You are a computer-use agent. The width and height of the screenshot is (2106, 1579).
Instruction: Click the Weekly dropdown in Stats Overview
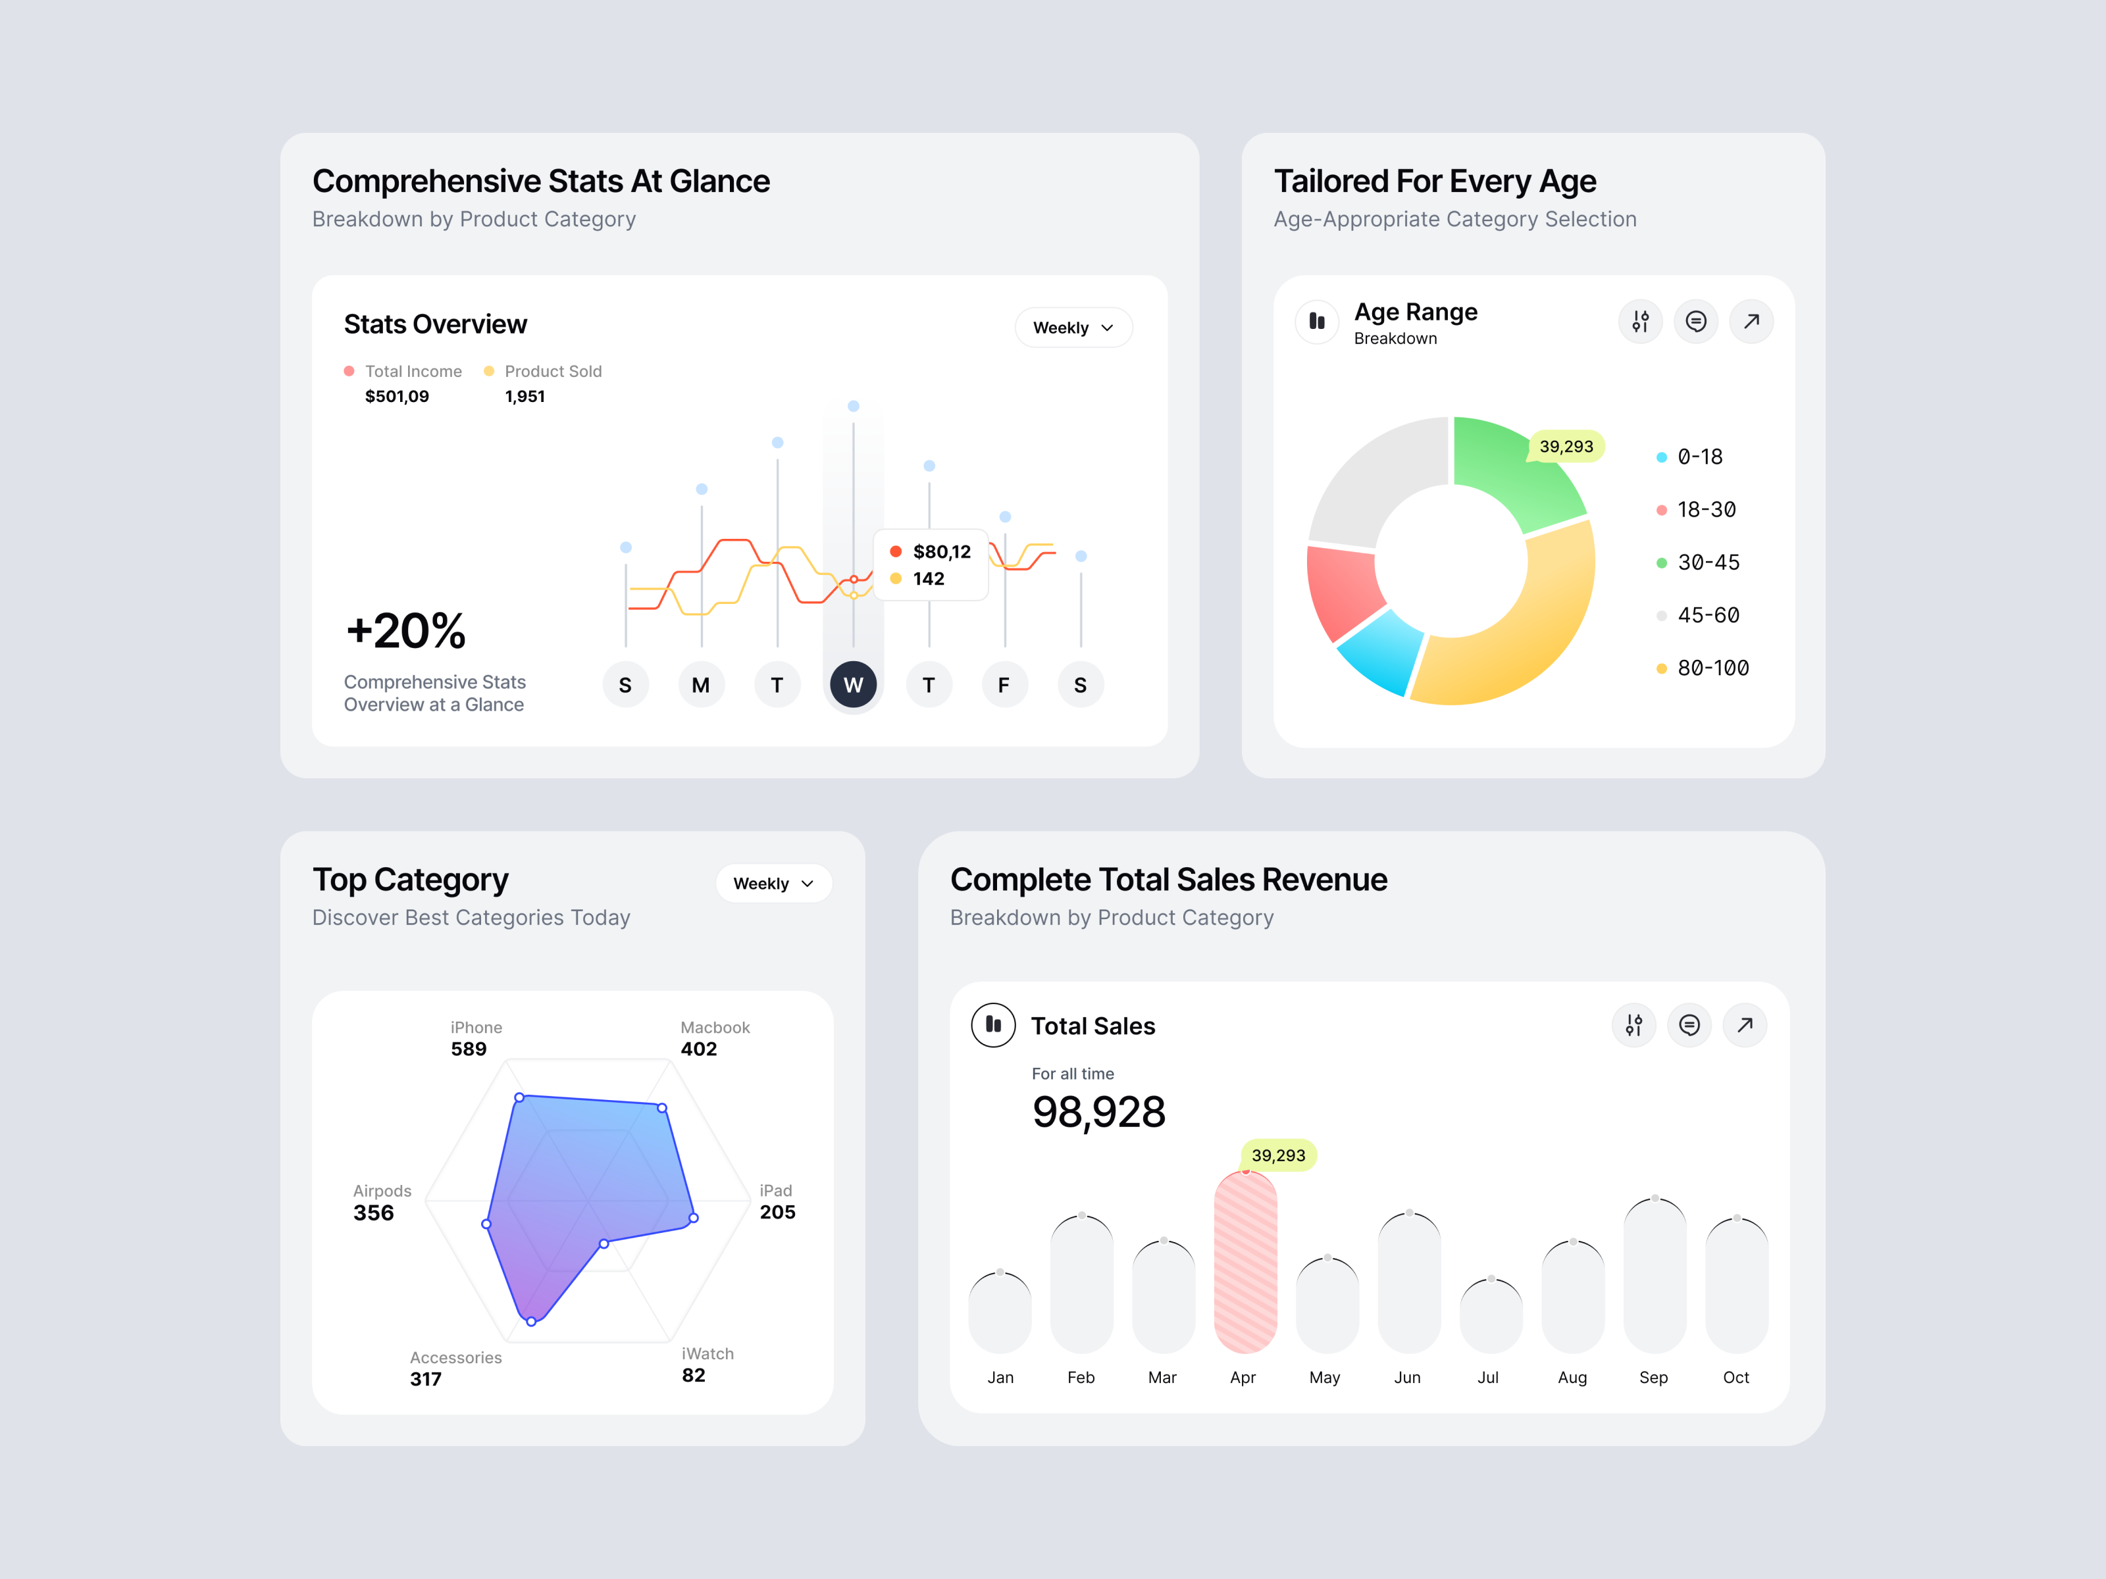click(x=1073, y=328)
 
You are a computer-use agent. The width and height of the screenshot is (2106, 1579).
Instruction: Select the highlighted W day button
click(x=852, y=684)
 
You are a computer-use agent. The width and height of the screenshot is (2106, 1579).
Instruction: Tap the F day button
click(x=1004, y=684)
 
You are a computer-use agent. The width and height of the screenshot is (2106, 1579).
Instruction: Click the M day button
click(x=701, y=684)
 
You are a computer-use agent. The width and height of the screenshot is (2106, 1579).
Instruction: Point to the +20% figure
click(x=405, y=631)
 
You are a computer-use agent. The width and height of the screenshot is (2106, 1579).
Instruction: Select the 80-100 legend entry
click(x=1712, y=668)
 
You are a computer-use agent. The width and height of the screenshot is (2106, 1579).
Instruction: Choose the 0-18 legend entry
click(x=1699, y=457)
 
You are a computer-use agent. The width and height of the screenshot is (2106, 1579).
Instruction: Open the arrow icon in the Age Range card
click(x=1751, y=322)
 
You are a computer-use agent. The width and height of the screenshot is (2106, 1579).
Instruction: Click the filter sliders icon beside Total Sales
click(x=1633, y=1025)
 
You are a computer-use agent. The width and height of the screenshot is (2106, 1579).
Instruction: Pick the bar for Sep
click(x=1655, y=1276)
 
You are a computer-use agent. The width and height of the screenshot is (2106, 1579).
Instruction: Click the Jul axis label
click(x=1488, y=1377)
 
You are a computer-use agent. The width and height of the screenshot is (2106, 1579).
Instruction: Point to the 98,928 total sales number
click(x=1098, y=1112)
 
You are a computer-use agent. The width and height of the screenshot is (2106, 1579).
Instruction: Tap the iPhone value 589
click(x=469, y=1049)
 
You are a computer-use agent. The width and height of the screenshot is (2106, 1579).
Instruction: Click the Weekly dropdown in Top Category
click(x=773, y=883)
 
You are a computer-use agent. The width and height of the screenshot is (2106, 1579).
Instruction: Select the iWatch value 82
click(x=693, y=1375)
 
